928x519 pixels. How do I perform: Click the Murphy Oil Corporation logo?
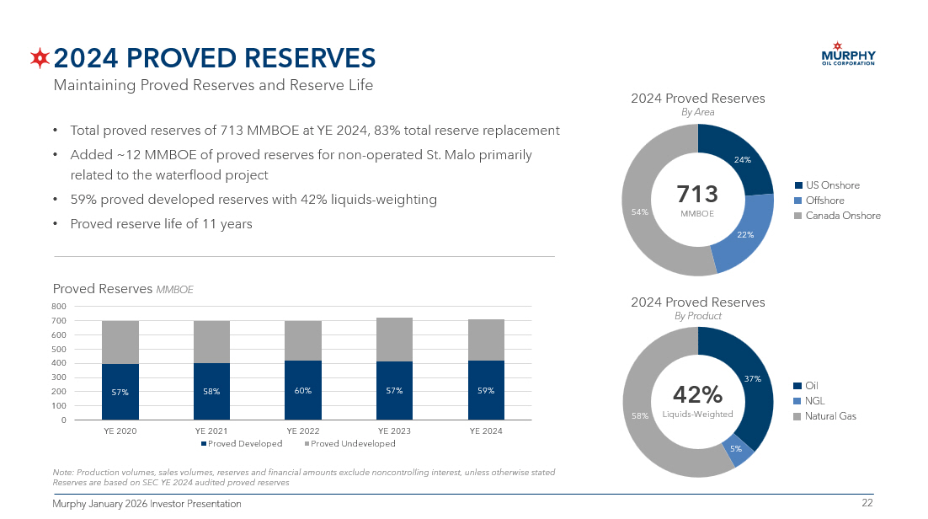pos(847,53)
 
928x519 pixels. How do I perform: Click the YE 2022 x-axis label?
pos(303,431)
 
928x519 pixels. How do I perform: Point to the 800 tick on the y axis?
pos(59,307)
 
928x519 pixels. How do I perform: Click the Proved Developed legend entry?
pos(242,444)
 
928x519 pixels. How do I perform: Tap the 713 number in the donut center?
pos(697,195)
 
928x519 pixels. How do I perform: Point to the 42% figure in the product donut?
pos(697,394)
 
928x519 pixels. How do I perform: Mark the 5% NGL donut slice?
pos(736,451)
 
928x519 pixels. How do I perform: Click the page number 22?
pos(867,504)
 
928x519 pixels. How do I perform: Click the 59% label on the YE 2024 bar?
pos(486,391)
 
